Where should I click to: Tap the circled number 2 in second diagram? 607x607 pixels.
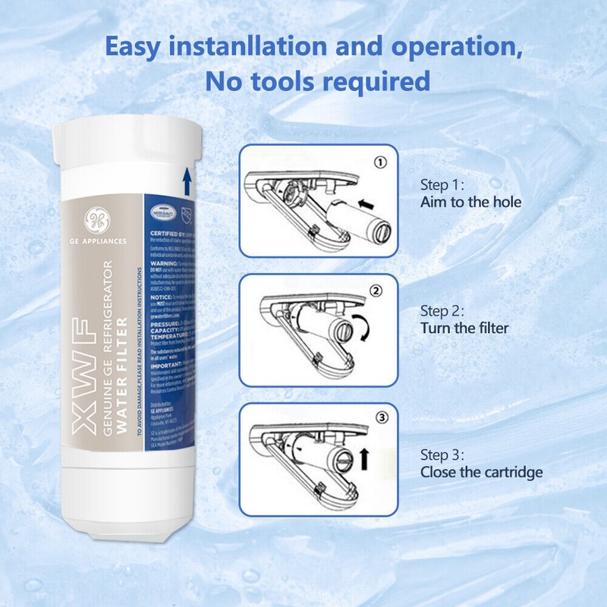[x=378, y=290]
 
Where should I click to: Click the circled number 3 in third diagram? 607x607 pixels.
[x=381, y=417]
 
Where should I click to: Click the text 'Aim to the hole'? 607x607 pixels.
[x=470, y=203]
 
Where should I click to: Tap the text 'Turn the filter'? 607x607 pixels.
[x=464, y=328]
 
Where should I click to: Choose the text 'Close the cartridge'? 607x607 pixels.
[x=481, y=472]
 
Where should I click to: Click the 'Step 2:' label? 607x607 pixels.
[x=442, y=311]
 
